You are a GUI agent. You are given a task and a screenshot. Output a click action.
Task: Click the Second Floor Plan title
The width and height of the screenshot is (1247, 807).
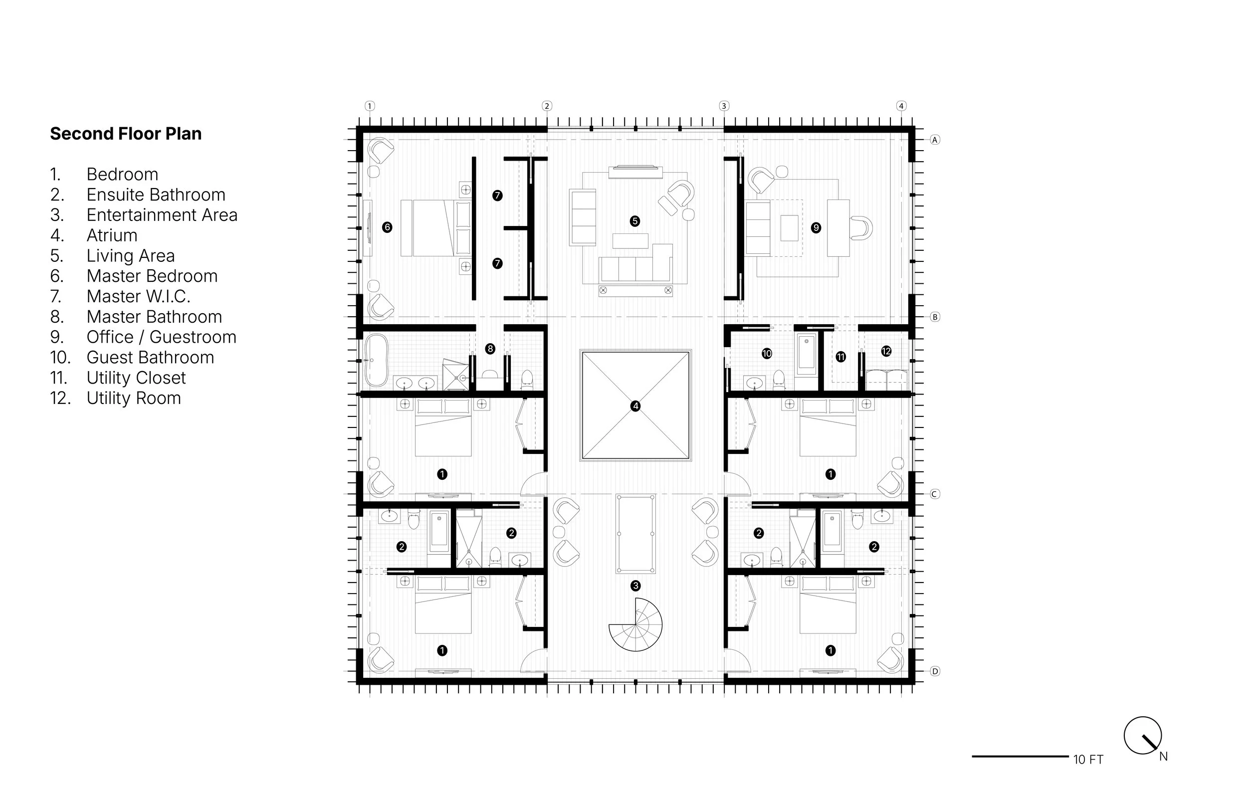[126, 134]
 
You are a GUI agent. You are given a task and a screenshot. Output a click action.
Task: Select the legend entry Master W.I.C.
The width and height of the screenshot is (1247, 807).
[138, 297]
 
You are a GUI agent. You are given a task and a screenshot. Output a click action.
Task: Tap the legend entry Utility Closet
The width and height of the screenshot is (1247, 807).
[136, 378]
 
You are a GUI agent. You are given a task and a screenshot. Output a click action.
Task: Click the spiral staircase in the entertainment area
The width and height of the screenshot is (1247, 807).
[635, 624]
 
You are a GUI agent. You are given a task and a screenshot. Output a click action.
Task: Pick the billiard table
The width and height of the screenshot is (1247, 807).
[635, 534]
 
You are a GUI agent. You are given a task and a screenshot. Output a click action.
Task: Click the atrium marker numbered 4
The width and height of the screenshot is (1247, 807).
[635, 406]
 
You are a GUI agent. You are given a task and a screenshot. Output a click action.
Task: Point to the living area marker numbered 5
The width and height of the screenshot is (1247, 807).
[635, 221]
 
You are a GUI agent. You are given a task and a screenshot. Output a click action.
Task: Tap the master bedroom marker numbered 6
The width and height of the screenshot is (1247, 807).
[387, 227]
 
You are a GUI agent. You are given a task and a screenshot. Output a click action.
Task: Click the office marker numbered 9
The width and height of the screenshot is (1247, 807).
[816, 228]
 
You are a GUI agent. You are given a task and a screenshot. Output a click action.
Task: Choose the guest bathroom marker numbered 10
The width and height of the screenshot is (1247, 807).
[767, 354]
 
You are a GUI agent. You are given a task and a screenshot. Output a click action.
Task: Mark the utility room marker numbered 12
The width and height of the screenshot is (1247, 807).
[886, 351]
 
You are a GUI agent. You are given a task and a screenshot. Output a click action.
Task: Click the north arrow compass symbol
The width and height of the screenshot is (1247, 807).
[1143, 736]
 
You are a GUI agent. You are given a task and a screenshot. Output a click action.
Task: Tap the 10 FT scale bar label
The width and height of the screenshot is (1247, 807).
[1088, 760]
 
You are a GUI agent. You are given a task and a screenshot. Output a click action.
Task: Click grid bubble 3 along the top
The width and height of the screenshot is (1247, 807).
[724, 106]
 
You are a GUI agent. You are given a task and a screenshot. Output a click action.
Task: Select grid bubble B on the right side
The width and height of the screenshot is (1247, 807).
[935, 317]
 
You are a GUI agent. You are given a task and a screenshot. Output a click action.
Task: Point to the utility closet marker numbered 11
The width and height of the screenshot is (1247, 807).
[841, 358]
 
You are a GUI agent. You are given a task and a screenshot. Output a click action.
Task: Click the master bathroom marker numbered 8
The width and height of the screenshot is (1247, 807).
[490, 349]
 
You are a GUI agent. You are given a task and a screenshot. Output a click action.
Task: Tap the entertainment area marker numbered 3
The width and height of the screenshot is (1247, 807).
[635, 586]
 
